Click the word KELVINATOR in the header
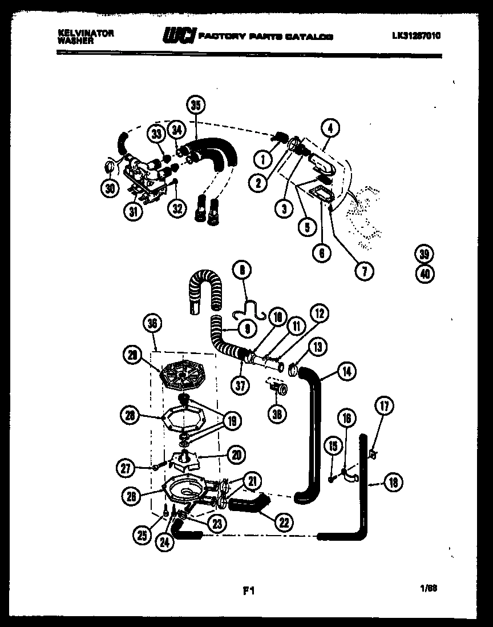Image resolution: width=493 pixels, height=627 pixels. tap(86, 34)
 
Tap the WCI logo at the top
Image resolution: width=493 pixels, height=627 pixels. tap(179, 35)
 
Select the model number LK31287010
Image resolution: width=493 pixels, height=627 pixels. tap(416, 35)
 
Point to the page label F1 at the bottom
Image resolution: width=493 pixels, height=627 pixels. tap(248, 592)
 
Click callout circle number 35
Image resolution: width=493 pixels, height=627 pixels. tap(196, 105)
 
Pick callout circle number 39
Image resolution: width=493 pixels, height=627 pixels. tap(425, 254)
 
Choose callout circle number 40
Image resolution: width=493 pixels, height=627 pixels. tap(425, 274)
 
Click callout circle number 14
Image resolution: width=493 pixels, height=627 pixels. tap(346, 372)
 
